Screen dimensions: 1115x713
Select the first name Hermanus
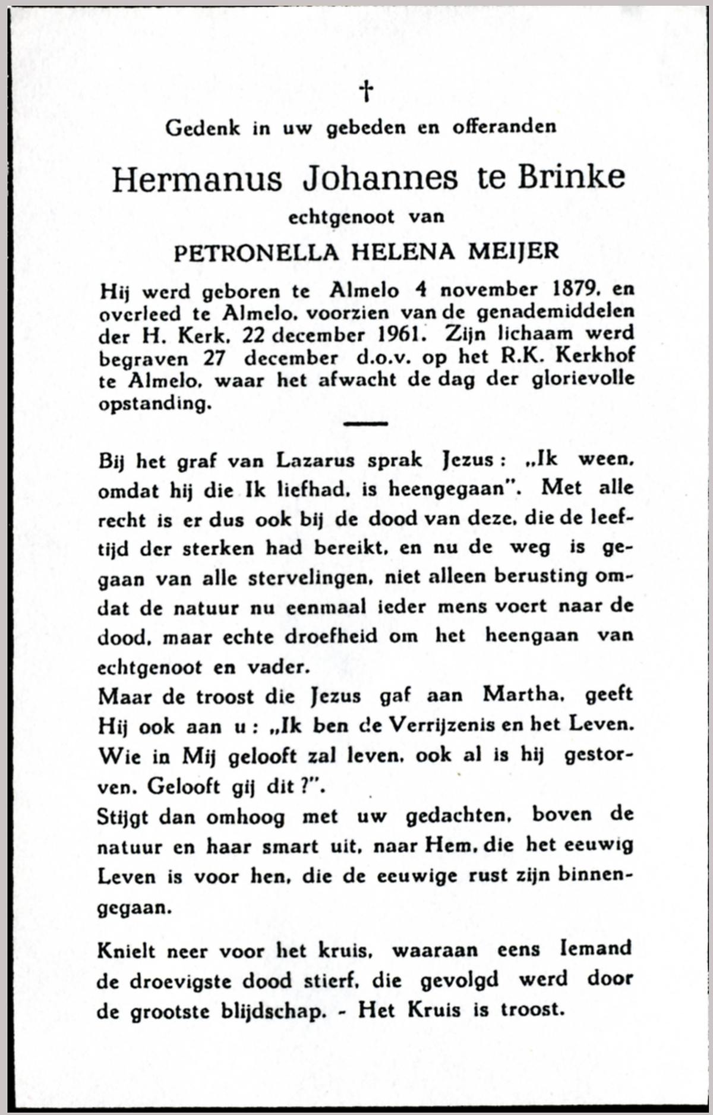coord(197,179)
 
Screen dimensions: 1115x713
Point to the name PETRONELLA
coord(255,252)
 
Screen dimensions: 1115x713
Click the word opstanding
coord(154,404)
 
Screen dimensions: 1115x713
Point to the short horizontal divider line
coord(365,424)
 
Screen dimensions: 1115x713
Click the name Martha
coord(523,695)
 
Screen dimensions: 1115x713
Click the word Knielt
coord(125,951)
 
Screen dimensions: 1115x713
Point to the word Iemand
coord(595,949)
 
